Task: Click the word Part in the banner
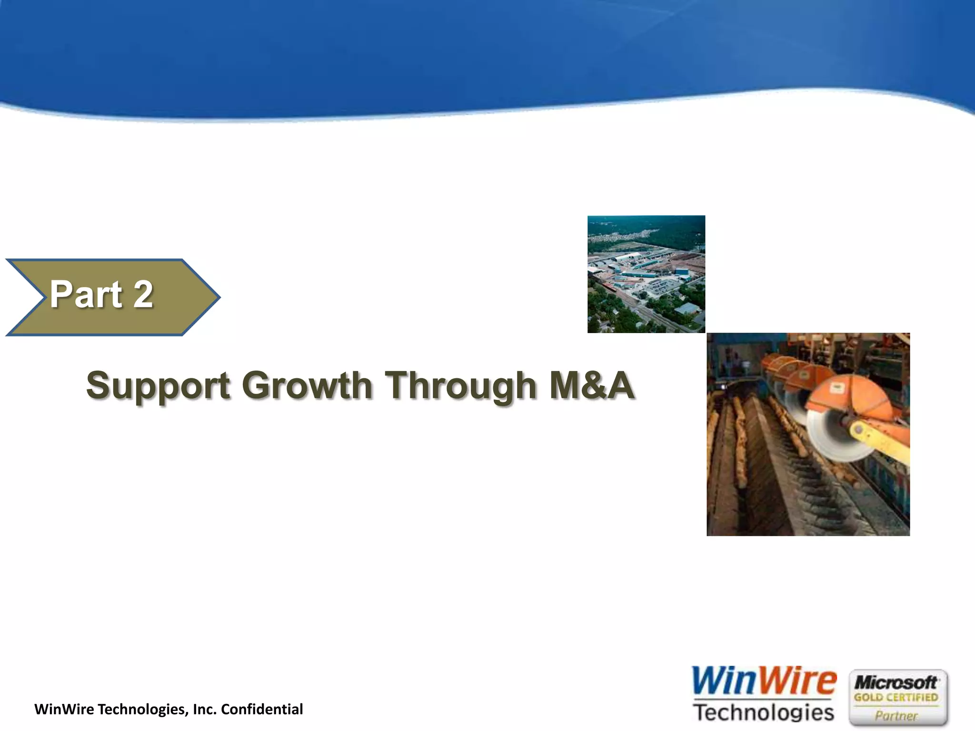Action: click(x=86, y=295)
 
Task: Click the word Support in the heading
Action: click(x=158, y=385)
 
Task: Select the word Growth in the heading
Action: click(x=307, y=385)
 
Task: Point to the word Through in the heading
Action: click(x=460, y=385)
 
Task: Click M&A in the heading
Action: click(x=591, y=385)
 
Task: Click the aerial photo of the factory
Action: click(x=646, y=274)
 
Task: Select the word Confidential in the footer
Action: click(x=262, y=709)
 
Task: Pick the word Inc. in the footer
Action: click(x=205, y=709)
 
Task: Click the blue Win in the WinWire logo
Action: click(x=724, y=682)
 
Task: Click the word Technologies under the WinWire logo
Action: click(x=764, y=712)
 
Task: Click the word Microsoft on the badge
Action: click(x=896, y=683)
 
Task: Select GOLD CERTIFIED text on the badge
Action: click(x=896, y=698)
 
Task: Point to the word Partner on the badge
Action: click(x=896, y=715)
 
